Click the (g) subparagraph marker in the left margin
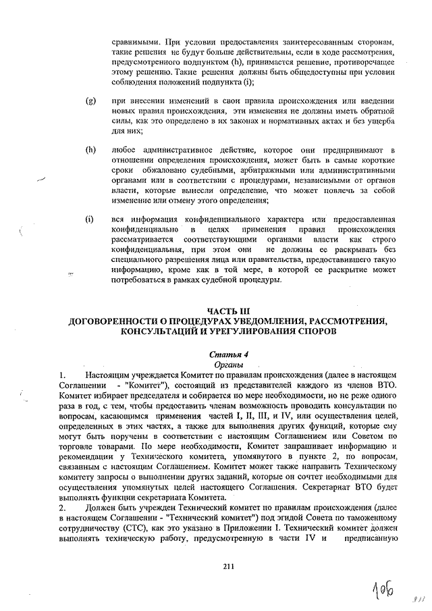point(90,101)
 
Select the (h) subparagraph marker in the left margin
point(90,149)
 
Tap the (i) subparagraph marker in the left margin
point(89,219)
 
